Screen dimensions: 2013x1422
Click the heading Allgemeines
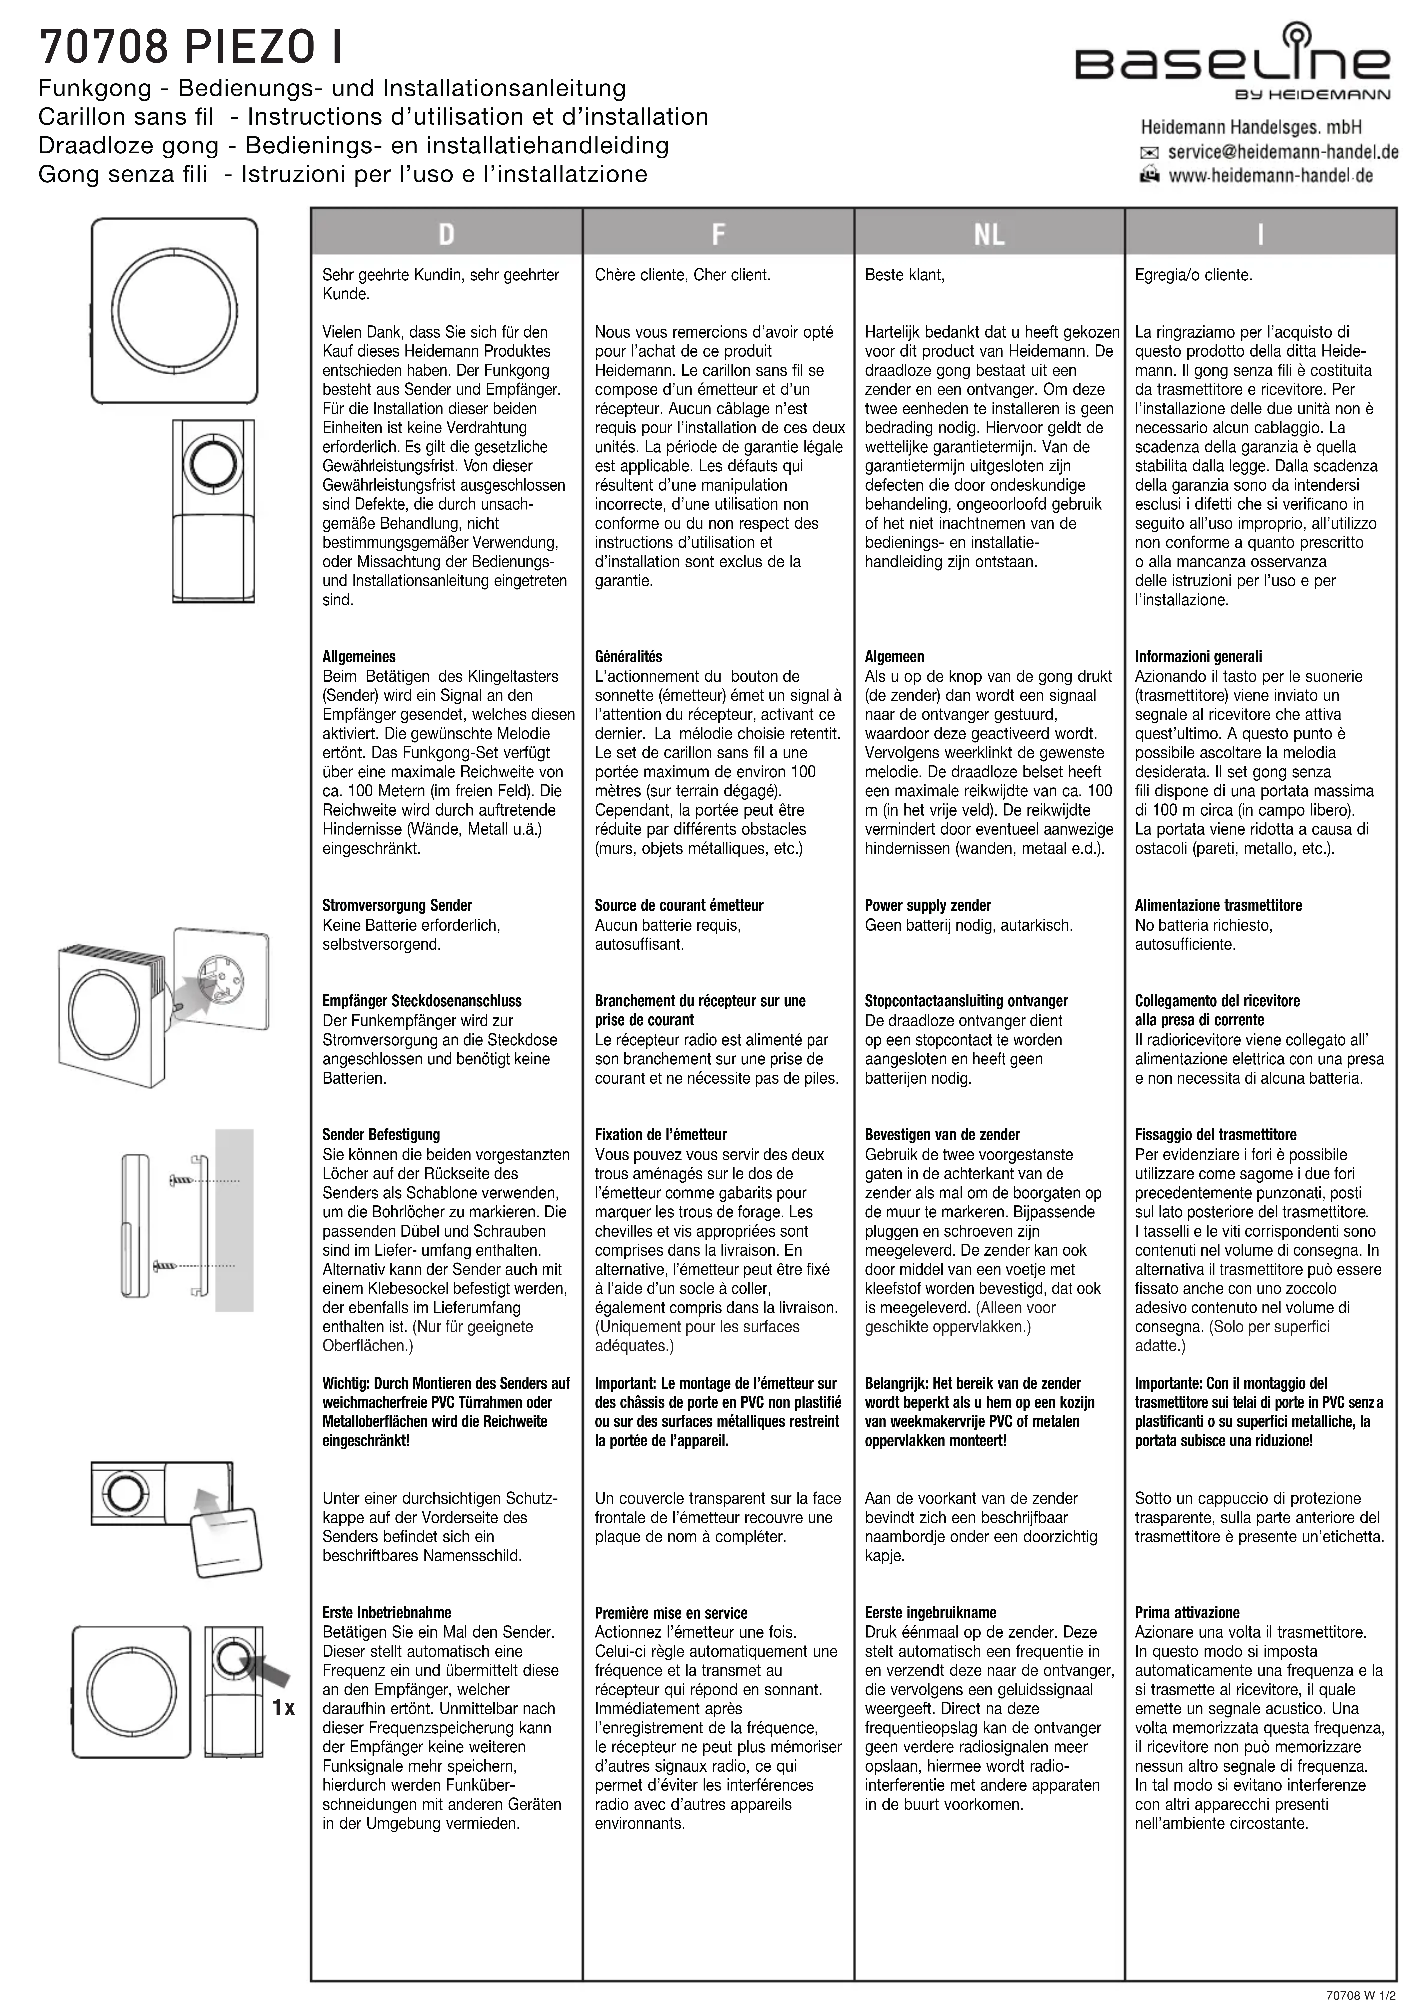(359, 657)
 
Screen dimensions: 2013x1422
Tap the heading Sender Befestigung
(381, 1134)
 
